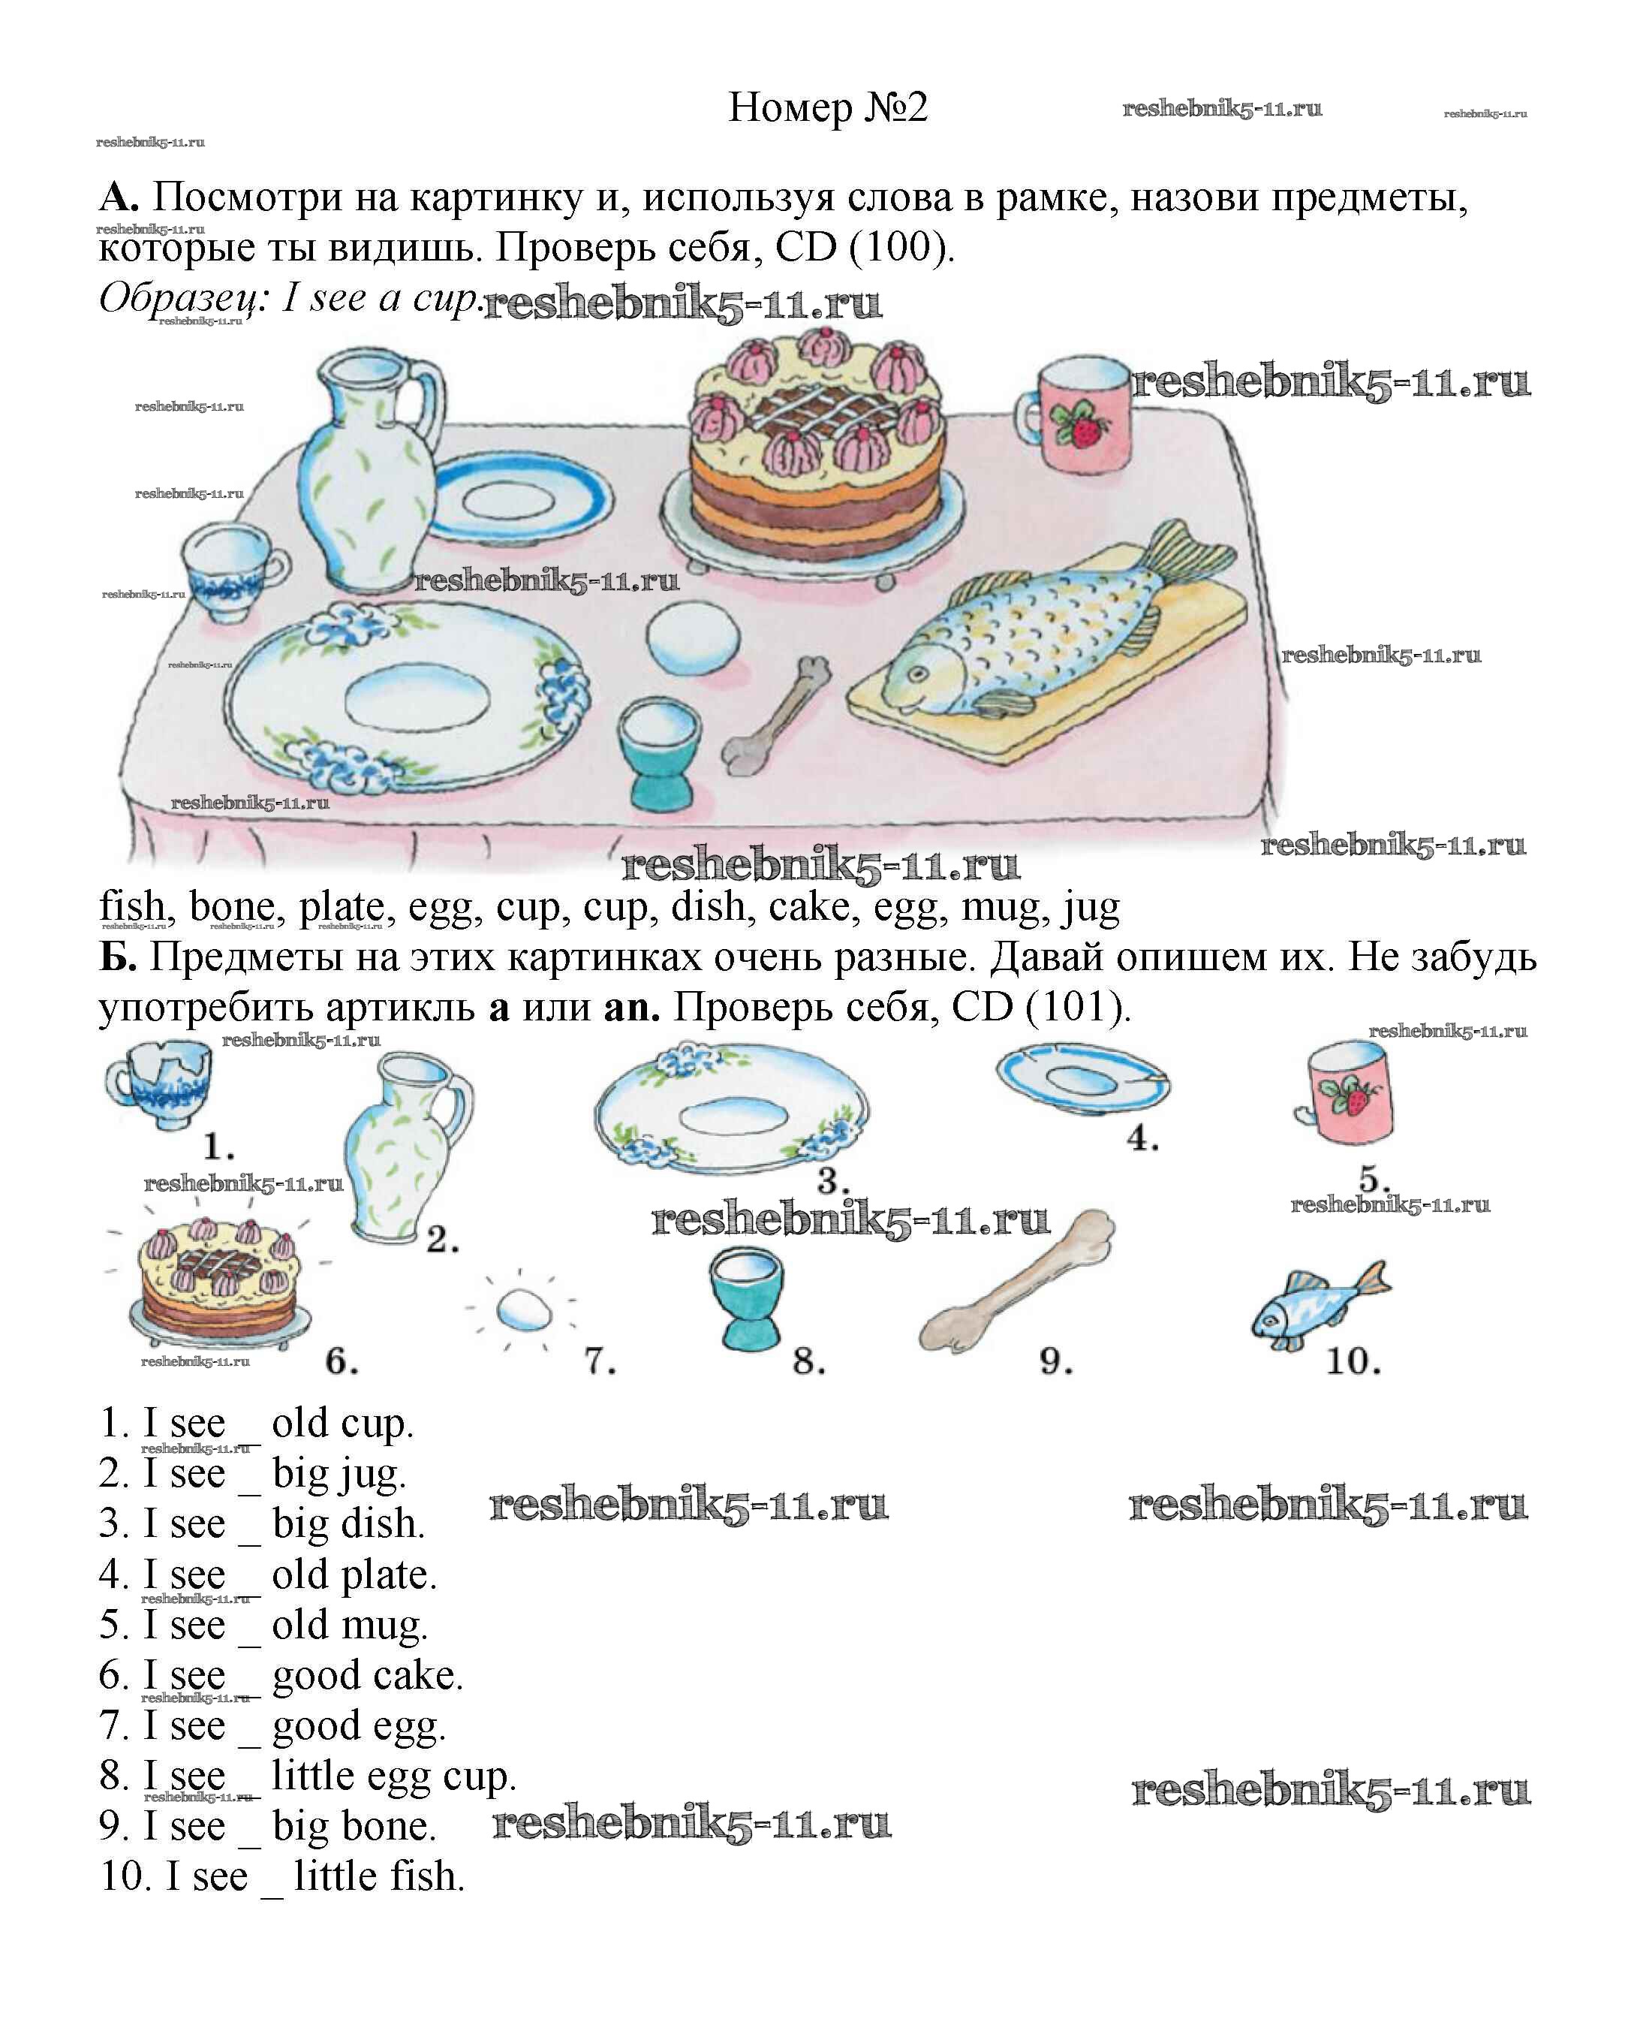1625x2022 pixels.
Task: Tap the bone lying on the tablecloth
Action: pyautogui.click(x=775, y=716)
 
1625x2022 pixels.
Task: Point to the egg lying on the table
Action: pyautogui.click(x=693, y=636)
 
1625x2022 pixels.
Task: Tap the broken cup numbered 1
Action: pyautogui.click(x=158, y=1085)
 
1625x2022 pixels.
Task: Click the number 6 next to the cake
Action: pyautogui.click(x=342, y=1361)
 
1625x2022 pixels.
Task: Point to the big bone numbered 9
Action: pyautogui.click(x=1016, y=1278)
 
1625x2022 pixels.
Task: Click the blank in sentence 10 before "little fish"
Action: pyautogui.click(x=272, y=1894)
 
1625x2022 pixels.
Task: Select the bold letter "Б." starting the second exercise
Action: pyautogui.click(x=118, y=957)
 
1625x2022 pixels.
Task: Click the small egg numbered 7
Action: pyautogui.click(x=523, y=1308)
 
